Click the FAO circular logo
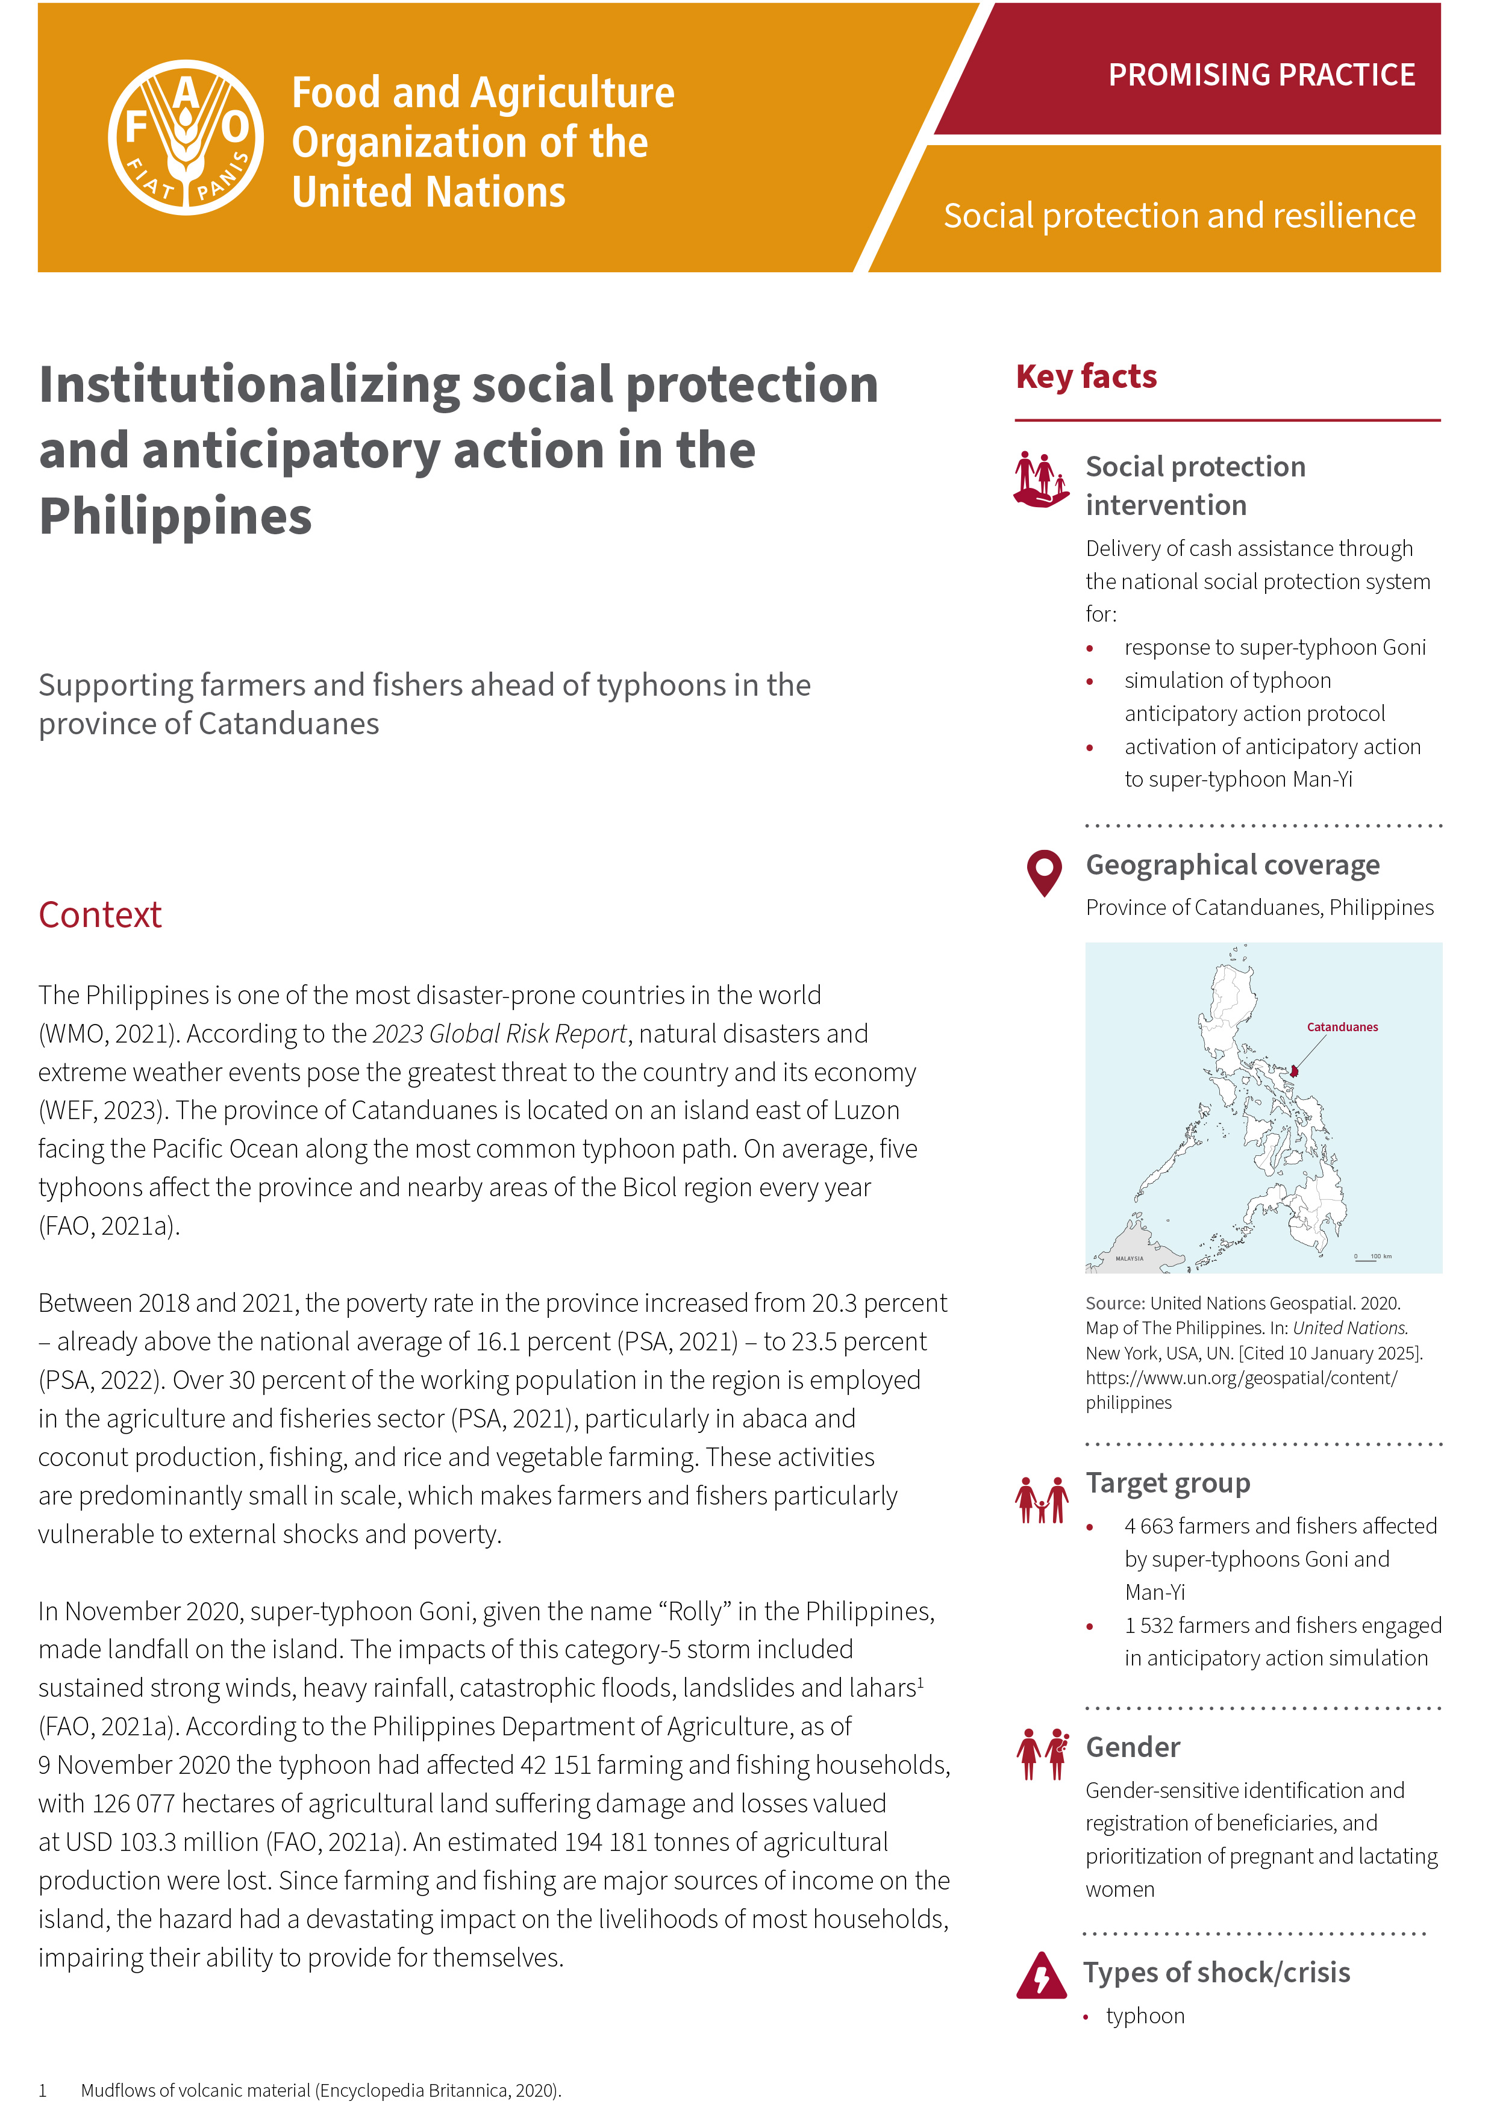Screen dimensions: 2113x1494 coord(186,138)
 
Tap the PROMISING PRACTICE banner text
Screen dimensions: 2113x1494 coord(1260,75)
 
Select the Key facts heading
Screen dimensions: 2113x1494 coord(1086,376)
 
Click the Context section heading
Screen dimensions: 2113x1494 coord(99,915)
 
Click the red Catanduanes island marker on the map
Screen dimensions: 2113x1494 coord(1294,1070)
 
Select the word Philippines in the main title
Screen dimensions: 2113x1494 coord(175,516)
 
